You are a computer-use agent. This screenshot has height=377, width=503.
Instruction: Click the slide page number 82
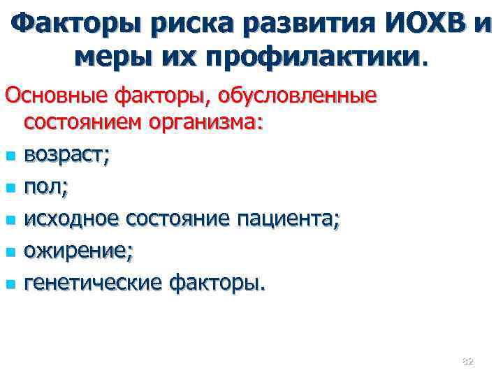pyautogui.click(x=467, y=361)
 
